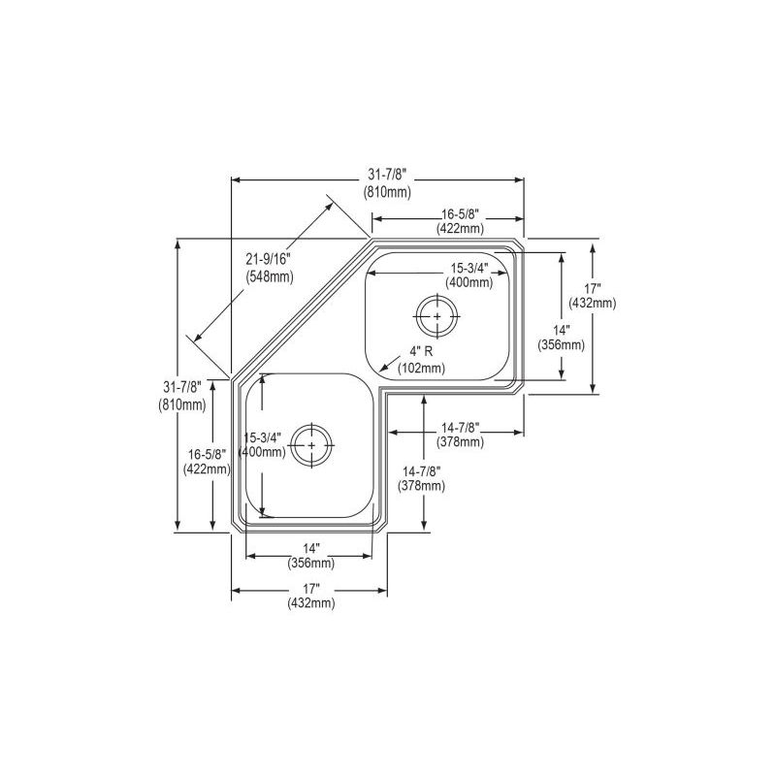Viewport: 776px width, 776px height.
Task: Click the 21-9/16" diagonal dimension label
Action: pos(269,258)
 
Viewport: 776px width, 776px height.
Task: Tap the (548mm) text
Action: pos(270,276)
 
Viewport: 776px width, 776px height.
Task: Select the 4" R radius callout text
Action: pos(421,351)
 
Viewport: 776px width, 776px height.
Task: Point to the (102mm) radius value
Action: pos(421,369)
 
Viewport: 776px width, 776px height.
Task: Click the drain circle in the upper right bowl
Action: pos(437,316)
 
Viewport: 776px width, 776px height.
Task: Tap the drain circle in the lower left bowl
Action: pos(311,445)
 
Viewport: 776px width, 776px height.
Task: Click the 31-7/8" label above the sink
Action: pos(387,175)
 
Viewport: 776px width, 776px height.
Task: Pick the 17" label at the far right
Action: pos(593,287)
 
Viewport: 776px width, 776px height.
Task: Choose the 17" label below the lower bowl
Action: pos(311,589)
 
